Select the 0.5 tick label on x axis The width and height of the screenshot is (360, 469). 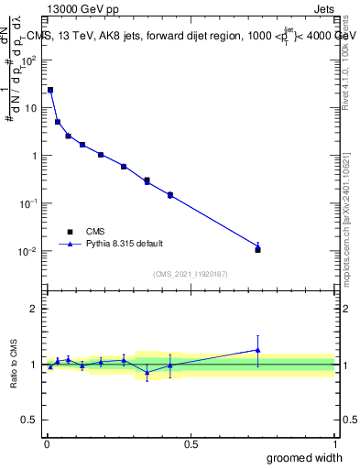point(191,443)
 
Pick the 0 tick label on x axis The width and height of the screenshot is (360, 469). point(47,443)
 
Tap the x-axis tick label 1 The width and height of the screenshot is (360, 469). point(334,443)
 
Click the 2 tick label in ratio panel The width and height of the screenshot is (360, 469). point(35,309)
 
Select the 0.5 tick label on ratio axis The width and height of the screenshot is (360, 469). point(29,420)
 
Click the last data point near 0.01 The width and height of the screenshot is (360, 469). point(257,249)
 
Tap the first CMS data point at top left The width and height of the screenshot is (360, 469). point(50,90)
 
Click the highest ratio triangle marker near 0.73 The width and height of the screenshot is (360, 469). point(257,349)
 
